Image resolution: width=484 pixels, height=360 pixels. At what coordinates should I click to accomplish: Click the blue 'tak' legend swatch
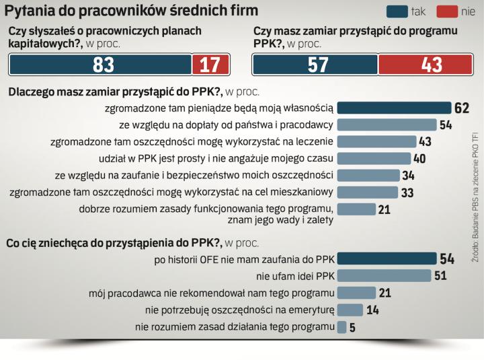(397, 11)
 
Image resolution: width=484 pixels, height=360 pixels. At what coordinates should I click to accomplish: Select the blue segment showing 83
(100, 65)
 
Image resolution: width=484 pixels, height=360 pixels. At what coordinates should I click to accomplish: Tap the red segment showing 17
(210, 65)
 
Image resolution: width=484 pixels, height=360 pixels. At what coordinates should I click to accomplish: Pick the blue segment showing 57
(315, 65)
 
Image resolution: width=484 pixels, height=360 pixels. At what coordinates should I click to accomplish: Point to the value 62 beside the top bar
(460, 108)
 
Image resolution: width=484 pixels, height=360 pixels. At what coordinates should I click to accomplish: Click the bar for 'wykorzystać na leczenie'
(376, 141)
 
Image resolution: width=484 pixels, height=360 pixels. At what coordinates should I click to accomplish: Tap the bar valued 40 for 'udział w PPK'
(373, 158)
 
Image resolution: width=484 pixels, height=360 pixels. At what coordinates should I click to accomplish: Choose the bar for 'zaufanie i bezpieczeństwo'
(367, 175)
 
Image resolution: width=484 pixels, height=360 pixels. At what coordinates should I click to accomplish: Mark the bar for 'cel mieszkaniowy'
(366, 192)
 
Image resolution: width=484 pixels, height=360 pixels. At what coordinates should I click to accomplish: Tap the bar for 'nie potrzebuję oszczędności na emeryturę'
(350, 310)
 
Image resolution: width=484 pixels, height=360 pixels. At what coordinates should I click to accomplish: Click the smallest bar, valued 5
(341, 327)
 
